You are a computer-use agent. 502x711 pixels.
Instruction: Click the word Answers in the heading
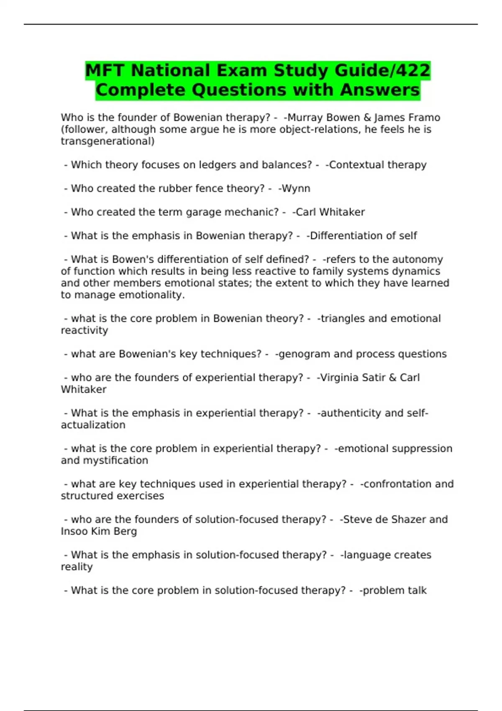[380, 90]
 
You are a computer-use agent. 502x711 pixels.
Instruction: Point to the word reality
[77, 567]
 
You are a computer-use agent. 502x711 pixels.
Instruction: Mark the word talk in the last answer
[417, 591]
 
